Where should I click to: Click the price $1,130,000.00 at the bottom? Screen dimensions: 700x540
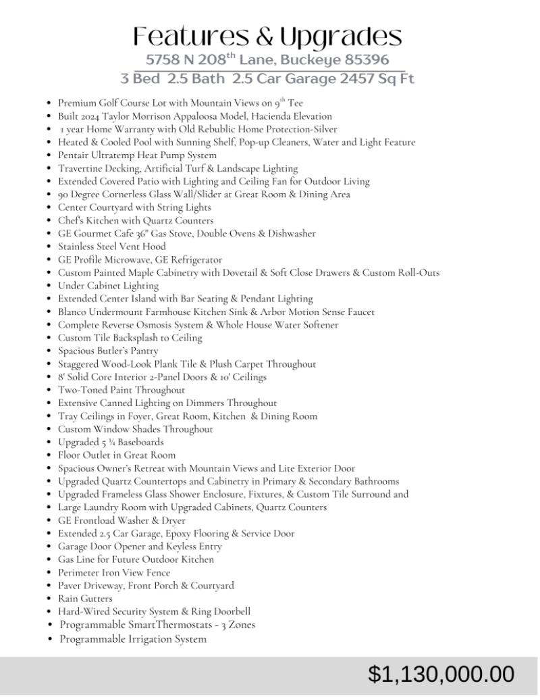441,674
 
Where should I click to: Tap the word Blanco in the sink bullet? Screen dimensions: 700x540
72,311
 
